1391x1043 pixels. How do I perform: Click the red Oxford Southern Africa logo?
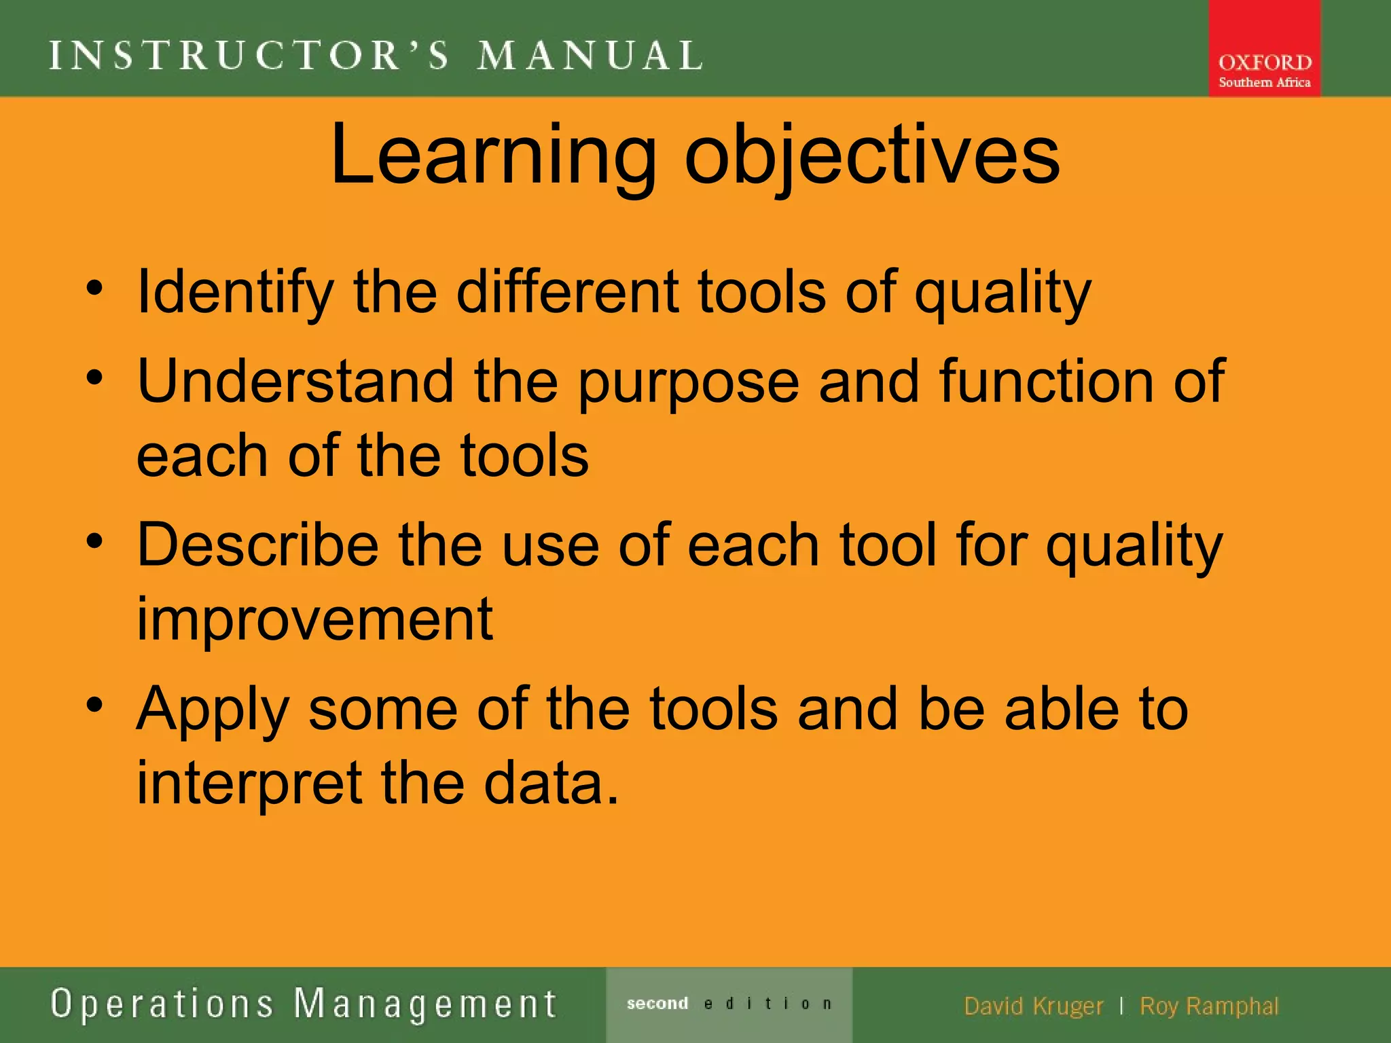pos(1264,49)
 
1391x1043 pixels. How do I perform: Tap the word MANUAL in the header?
pos(590,56)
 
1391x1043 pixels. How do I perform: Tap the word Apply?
pos(213,710)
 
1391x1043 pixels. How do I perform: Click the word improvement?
pos(314,619)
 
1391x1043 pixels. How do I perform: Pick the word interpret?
pos(249,784)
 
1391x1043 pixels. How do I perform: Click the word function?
pos(1046,381)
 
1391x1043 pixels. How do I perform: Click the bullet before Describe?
pos(94,541)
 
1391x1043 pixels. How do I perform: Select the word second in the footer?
pos(657,1004)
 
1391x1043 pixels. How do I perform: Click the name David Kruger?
pos(1033,1006)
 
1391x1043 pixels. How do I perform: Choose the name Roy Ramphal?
pos(1209,1006)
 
